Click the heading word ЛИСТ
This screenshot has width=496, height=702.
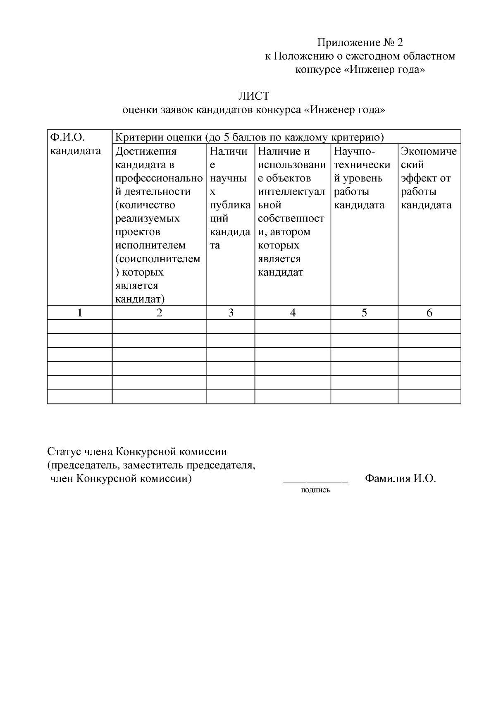[253, 96]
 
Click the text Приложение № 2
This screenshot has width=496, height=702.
[360, 43]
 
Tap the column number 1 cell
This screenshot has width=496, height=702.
[80, 313]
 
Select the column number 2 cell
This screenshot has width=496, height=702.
[160, 313]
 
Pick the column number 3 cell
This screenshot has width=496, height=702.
[231, 313]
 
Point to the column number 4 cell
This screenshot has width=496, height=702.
[293, 313]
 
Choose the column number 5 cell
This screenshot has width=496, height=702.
[364, 313]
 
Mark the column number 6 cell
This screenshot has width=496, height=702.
[429, 313]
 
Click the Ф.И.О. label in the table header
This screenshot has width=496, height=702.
[67, 137]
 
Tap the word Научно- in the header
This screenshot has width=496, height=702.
[354, 151]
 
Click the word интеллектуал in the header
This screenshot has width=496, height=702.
[291, 192]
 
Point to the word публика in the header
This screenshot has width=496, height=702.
[230, 205]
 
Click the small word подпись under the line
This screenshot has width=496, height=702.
[316, 491]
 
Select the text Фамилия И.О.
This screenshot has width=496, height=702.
[401, 479]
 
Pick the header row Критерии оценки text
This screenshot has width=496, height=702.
[249, 137]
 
